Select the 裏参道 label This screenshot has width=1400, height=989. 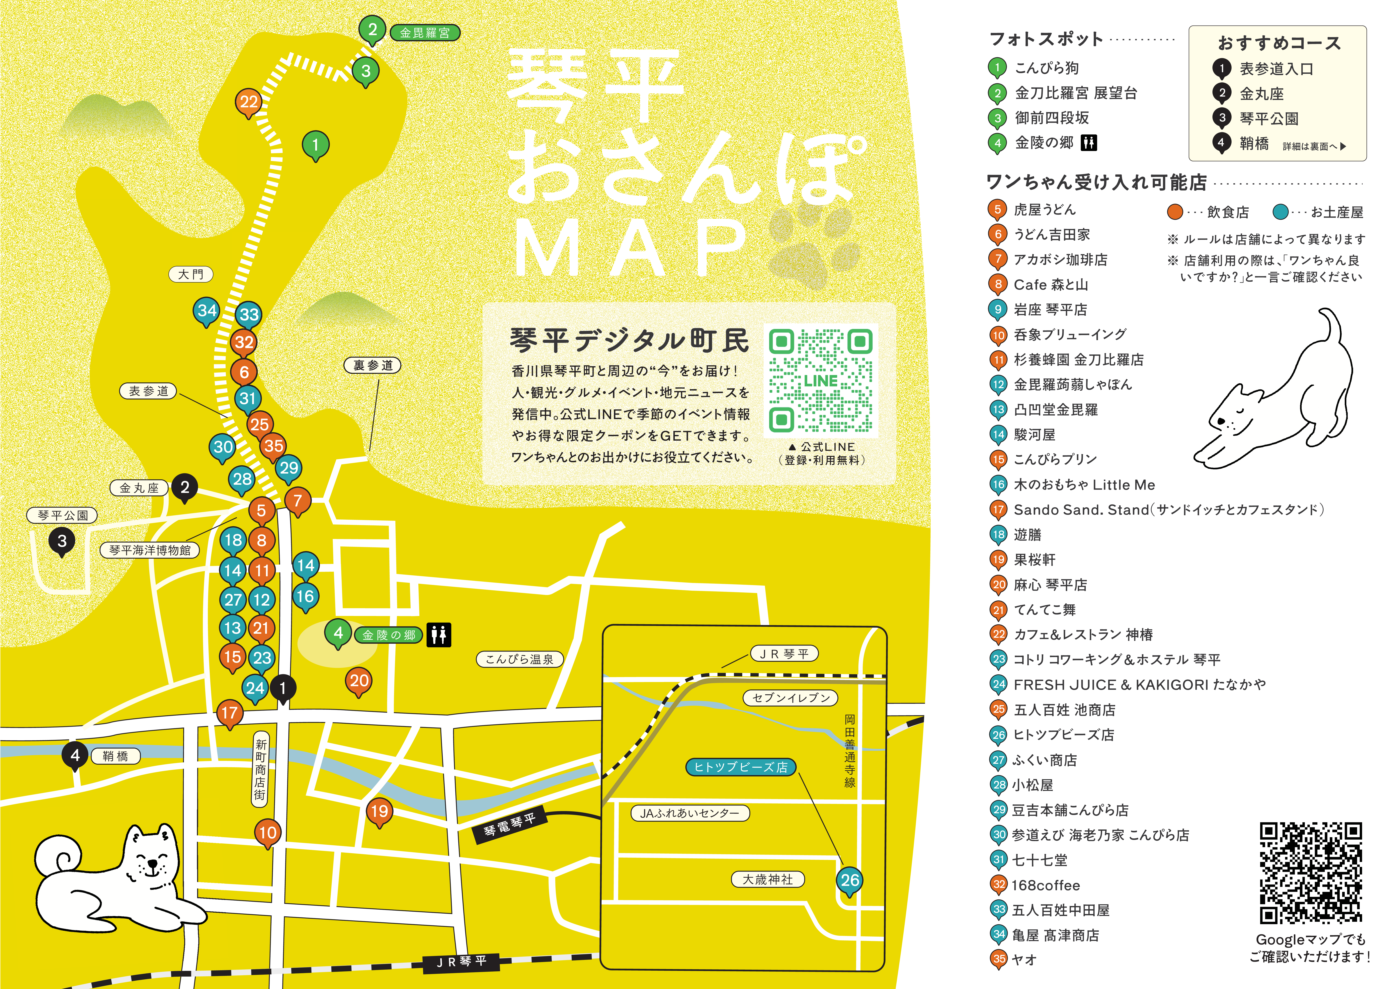click(372, 365)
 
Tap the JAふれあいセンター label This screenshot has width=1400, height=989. click(690, 813)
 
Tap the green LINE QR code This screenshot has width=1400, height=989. click(821, 380)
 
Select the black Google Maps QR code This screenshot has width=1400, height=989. click(1310, 873)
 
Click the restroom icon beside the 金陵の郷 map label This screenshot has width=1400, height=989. click(438, 635)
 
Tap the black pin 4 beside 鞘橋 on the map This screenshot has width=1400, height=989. click(75, 756)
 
